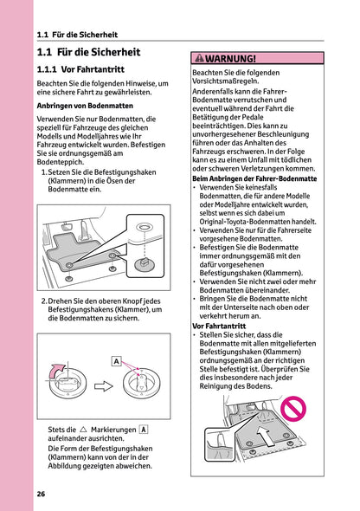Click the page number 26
click(41, 494)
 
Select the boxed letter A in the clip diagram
click(116, 360)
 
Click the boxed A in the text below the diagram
click(143, 430)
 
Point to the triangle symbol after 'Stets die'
click(83, 430)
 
